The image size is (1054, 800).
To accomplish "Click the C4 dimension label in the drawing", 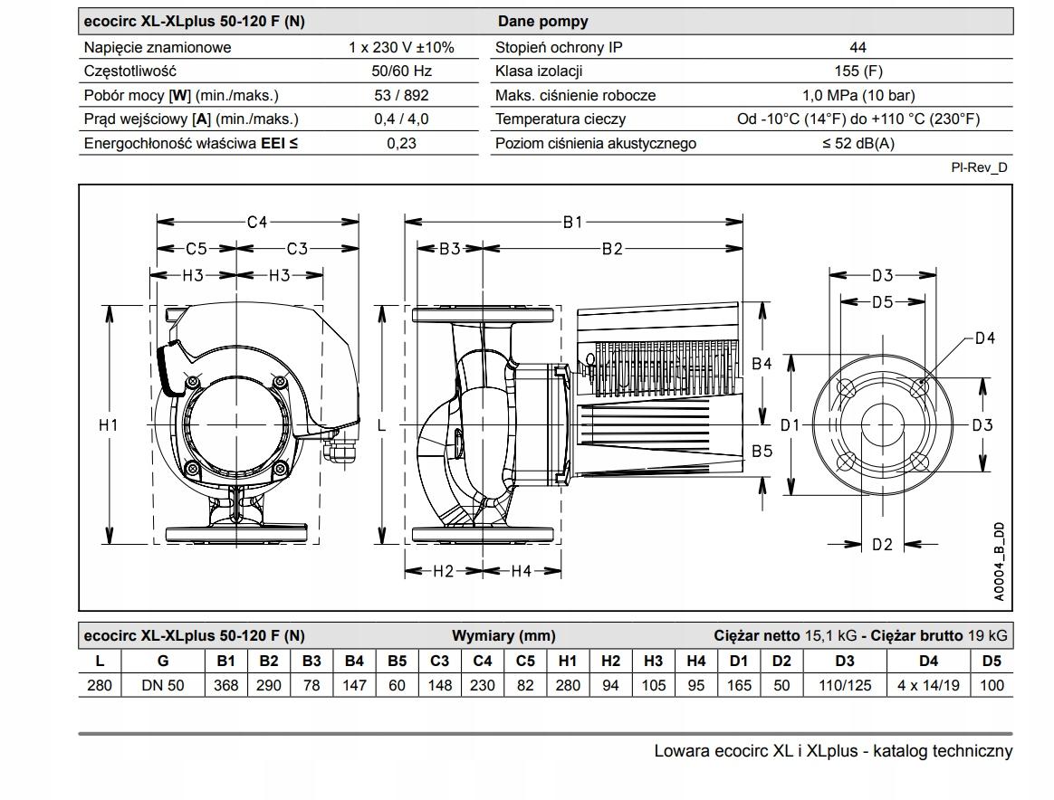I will [x=258, y=222].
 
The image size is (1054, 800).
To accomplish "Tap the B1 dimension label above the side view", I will [x=573, y=222].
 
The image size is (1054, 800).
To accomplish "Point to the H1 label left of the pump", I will [x=109, y=424].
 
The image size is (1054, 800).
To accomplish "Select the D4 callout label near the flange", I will [x=985, y=338].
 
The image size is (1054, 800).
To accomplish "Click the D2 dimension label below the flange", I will [x=882, y=544].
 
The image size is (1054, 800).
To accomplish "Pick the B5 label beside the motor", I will [x=762, y=450].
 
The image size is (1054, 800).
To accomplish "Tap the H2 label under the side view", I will [x=443, y=571].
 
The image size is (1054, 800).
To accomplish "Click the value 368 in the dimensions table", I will [x=225, y=685].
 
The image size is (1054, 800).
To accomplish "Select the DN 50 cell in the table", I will [x=163, y=685].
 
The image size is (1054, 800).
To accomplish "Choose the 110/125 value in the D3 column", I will [x=845, y=685].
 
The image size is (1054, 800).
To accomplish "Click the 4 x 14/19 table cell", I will [x=928, y=685].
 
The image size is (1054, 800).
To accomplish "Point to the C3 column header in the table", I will [x=439, y=662].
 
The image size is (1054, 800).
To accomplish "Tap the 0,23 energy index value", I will [x=401, y=143].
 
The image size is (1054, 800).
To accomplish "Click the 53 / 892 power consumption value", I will [x=401, y=95].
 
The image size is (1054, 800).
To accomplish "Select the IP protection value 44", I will [x=858, y=48].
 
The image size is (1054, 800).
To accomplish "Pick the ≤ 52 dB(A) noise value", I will [x=858, y=143].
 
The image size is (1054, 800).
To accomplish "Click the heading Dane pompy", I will [x=542, y=22].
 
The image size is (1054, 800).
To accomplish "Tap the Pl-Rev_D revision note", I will [x=980, y=167].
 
